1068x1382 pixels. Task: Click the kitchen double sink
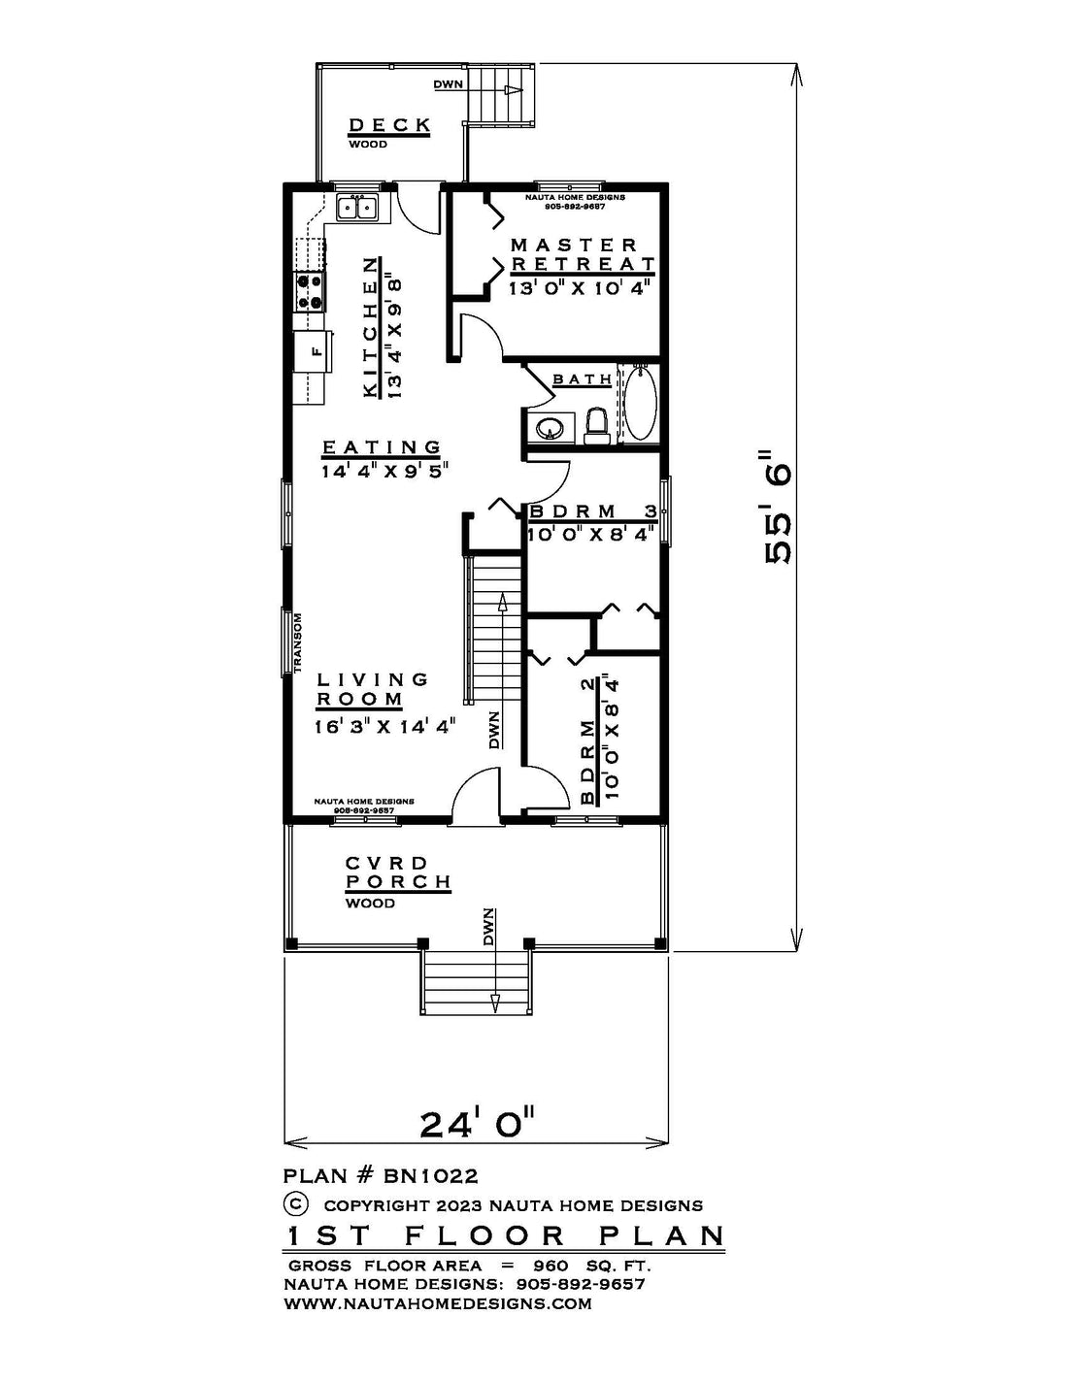(x=357, y=208)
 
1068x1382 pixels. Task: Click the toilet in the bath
(x=596, y=426)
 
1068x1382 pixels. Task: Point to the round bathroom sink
(x=549, y=429)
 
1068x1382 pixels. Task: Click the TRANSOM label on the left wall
(x=297, y=642)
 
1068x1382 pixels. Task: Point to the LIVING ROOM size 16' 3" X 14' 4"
(x=385, y=726)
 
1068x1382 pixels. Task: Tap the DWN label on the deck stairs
(x=448, y=84)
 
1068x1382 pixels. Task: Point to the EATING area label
(x=381, y=447)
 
